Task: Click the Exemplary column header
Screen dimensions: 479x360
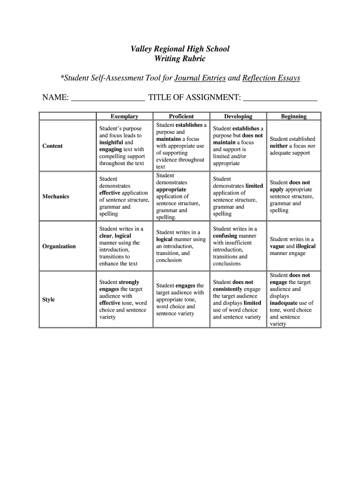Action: coord(124,116)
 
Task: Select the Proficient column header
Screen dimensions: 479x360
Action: coord(181,116)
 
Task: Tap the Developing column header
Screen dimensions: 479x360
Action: coord(238,116)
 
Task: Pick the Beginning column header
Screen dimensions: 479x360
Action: coord(294,116)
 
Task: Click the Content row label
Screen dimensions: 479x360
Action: coord(52,146)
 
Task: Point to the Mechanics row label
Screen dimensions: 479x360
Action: coord(56,196)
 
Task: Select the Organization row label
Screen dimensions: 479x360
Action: coord(59,247)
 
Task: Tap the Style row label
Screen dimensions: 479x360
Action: coord(49,300)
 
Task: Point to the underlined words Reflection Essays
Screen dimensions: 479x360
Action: coord(271,78)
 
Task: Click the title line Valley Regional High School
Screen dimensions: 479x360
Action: coord(180,49)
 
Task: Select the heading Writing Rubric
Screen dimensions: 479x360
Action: coord(180,59)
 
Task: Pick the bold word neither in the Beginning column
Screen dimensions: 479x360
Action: coord(279,146)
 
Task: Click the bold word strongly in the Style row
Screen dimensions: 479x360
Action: coord(130,283)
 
